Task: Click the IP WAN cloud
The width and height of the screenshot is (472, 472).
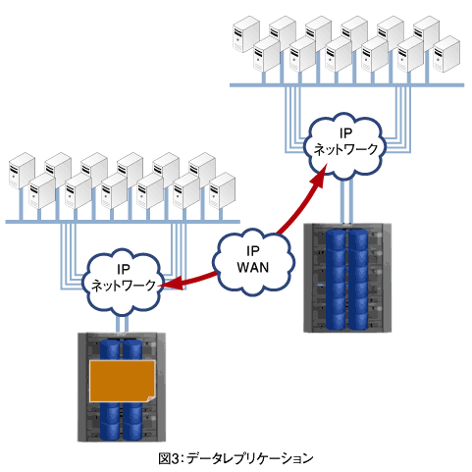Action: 253,263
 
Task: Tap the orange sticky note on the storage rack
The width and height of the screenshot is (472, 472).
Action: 122,381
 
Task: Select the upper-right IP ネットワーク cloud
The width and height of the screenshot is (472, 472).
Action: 345,146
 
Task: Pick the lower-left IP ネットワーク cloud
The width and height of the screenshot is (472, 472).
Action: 123,283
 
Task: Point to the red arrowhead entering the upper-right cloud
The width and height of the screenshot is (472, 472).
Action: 319,177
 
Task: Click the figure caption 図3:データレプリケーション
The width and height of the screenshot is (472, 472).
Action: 236,458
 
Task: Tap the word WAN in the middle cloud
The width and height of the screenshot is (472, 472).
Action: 253,268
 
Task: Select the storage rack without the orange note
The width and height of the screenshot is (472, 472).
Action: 347,278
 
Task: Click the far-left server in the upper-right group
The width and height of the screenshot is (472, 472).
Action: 246,34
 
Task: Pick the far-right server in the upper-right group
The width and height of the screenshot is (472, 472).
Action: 446,54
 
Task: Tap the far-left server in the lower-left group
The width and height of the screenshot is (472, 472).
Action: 22,171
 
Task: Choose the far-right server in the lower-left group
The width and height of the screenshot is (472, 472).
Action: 222,190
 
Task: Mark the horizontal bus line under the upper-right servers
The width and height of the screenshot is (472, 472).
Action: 346,85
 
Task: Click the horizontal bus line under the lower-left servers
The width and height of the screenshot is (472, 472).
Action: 123,222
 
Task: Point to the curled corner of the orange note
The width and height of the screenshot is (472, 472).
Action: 151,398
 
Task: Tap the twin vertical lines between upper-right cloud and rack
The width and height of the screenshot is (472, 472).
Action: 346,201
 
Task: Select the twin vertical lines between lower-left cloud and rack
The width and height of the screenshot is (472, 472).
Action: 122,324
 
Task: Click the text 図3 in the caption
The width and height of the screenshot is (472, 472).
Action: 169,458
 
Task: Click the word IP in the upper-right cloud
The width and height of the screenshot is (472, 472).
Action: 345,133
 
